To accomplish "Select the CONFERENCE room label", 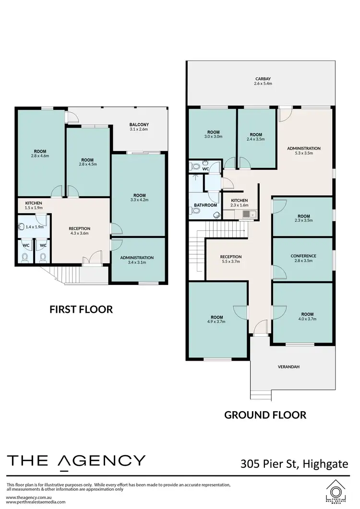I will [x=303, y=256].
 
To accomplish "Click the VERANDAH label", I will [x=288, y=367].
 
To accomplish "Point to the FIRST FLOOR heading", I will [x=81, y=309].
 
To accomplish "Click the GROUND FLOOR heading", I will [x=265, y=415].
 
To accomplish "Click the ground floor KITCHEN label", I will [x=239, y=200].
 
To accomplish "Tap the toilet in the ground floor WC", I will [x=195, y=166].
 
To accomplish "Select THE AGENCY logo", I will [x=76, y=461].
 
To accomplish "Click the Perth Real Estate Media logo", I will [x=336, y=491].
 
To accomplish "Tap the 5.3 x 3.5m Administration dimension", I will [x=303, y=154].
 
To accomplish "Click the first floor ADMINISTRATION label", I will [x=137, y=257].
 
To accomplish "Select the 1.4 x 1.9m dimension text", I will [x=34, y=227].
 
